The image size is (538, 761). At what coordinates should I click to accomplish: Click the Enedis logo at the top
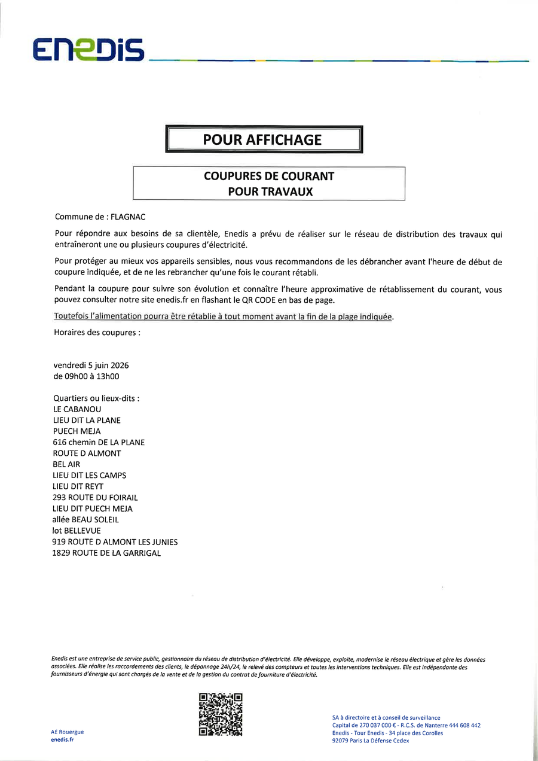point(88,49)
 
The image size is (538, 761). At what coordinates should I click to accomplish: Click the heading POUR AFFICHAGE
point(262,140)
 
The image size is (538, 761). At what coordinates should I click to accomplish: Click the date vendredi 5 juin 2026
point(91,366)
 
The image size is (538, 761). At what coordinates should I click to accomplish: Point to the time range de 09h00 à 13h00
point(87,376)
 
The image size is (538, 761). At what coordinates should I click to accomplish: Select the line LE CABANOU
point(78,409)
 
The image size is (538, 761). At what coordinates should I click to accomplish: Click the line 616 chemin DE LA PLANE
point(99,442)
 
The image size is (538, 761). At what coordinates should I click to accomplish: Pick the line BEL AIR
point(67,464)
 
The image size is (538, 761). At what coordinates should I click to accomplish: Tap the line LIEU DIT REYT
point(78,486)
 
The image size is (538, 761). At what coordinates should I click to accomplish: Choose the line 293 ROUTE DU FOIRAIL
point(96,497)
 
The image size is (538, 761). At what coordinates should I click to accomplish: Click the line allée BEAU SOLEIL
point(86,519)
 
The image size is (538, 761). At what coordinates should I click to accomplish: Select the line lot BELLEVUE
point(77,531)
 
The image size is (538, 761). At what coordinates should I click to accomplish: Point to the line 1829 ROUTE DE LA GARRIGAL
point(107,553)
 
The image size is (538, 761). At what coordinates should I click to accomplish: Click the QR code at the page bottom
point(221,714)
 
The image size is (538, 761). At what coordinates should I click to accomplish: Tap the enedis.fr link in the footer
point(63,740)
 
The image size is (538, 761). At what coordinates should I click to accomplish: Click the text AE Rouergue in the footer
point(68,732)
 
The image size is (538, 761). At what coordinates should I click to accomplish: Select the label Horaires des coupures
point(97,332)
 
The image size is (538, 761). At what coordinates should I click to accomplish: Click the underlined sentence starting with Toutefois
point(224,316)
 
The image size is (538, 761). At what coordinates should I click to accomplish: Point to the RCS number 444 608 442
point(464,725)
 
